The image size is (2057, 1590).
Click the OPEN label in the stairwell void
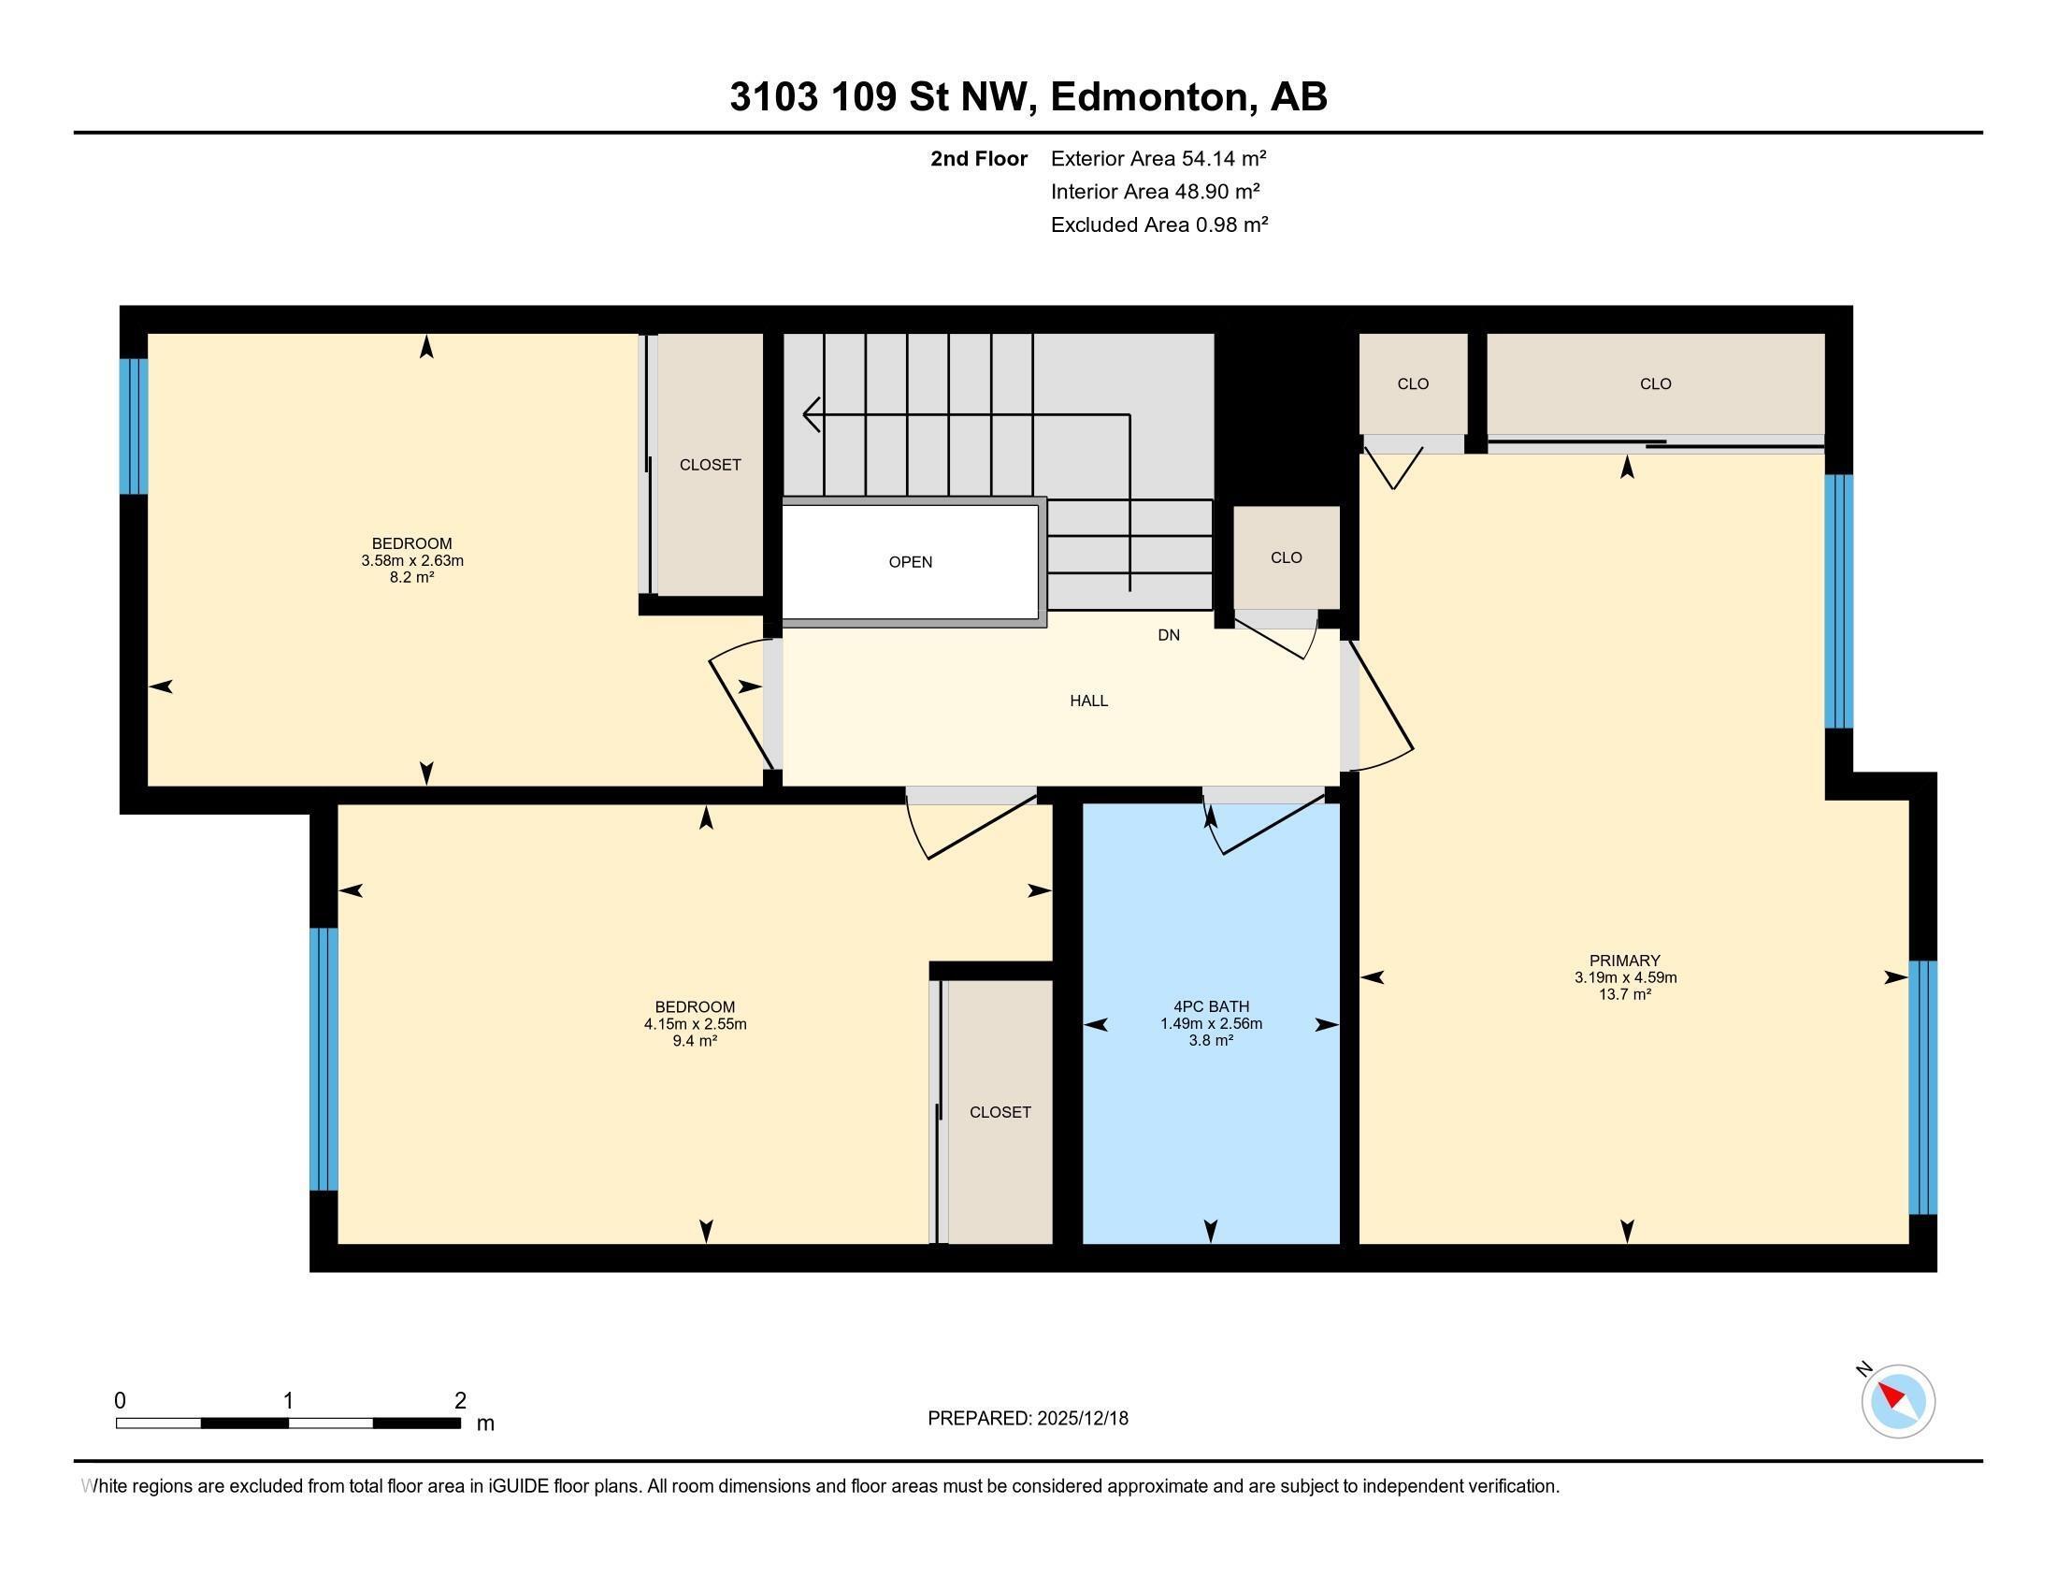[910, 562]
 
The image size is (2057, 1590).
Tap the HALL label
[1087, 701]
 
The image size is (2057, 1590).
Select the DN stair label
[1168, 636]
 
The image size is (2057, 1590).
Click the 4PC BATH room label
[1211, 1007]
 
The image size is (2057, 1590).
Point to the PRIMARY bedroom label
[1625, 961]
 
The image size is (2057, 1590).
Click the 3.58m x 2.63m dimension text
[411, 560]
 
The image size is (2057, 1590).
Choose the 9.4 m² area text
[694, 1041]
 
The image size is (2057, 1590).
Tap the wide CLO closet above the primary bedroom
[1655, 384]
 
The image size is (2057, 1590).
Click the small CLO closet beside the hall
[1286, 557]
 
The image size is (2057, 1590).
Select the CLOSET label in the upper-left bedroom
[711, 466]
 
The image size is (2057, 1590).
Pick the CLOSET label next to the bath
[1000, 1112]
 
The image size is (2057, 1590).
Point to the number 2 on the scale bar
[460, 1401]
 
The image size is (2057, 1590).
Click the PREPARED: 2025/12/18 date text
[1028, 1419]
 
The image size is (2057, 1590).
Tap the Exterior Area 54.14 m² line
[1158, 158]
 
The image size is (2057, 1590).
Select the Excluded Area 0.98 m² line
[1158, 225]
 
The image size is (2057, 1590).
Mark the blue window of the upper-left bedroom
[134, 426]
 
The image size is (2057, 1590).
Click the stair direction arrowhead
[810, 414]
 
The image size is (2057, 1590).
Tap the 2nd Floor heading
[978, 158]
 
